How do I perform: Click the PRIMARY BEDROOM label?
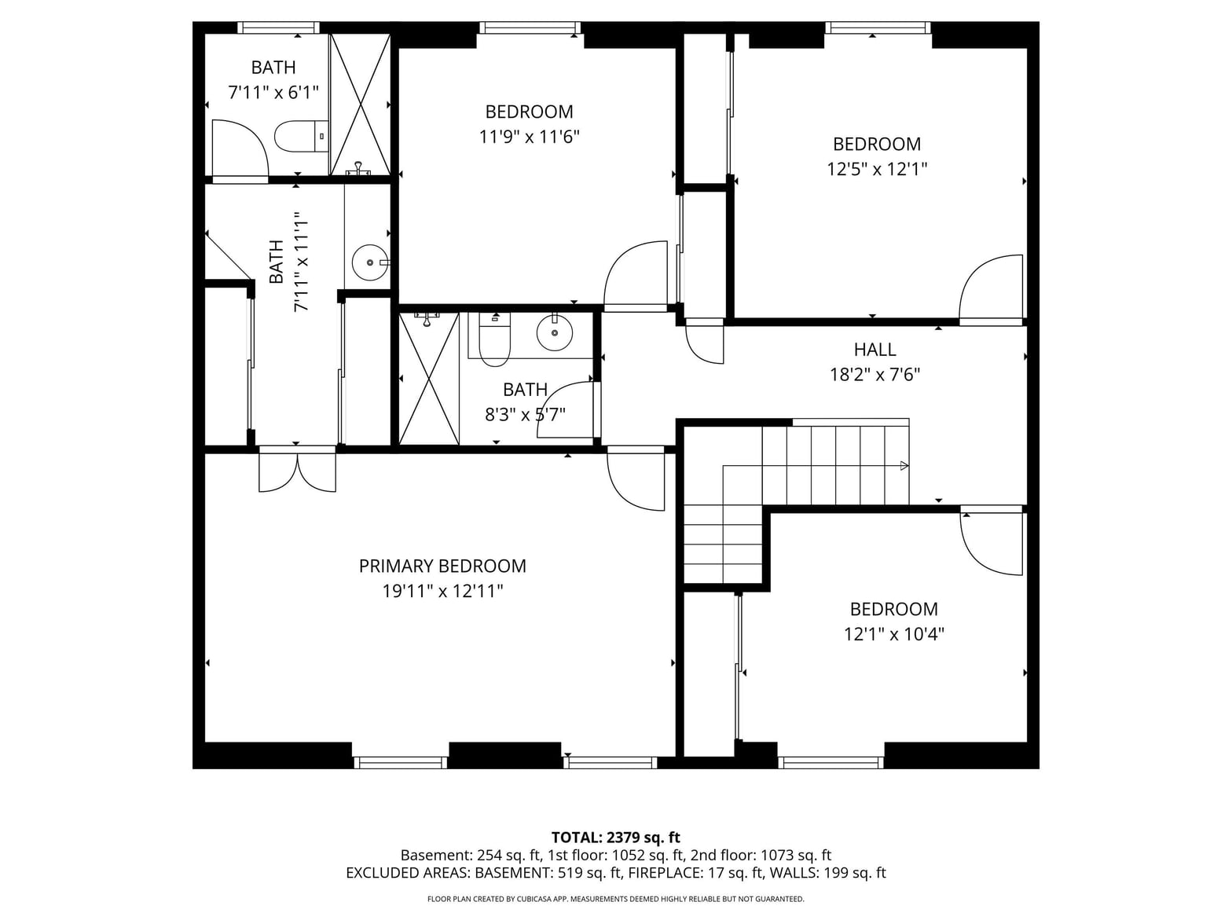[x=442, y=566]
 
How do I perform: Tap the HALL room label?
[x=874, y=350]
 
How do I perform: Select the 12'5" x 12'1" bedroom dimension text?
[x=877, y=169]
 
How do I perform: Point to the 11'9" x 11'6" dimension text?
[x=529, y=137]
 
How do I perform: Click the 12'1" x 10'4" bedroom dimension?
[x=894, y=634]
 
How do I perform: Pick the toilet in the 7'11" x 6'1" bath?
[x=302, y=137]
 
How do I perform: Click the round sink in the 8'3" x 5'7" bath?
[x=555, y=332]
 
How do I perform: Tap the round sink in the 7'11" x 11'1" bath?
[x=370, y=262]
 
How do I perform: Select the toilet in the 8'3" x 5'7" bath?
[x=494, y=339]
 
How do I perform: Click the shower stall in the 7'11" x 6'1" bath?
[x=360, y=104]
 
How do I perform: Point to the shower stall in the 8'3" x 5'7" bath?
[x=429, y=379]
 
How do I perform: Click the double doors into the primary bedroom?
[x=297, y=469]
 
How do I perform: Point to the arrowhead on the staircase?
[x=904, y=466]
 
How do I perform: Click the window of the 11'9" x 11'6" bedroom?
[x=530, y=27]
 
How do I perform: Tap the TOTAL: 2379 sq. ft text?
[x=616, y=838]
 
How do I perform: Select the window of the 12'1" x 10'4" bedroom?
[x=830, y=762]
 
